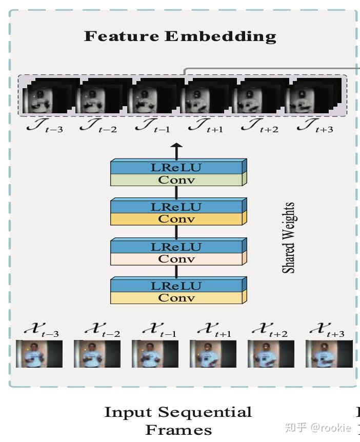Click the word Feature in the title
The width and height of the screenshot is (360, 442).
pyautogui.click(x=121, y=36)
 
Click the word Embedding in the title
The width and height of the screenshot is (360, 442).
pyautogui.click(x=220, y=36)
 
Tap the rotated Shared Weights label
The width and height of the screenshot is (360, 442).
pyautogui.click(x=288, y=237)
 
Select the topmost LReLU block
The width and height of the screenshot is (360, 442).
pyautogui.click(x=178, y=167)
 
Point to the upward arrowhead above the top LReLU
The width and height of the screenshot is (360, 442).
pyautogui.click(x=177, y=147)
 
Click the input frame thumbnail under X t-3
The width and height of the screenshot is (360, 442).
pyautogui.click(x=39, y=354)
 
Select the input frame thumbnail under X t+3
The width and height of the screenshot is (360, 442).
pyautogui.click(x=329, y=354)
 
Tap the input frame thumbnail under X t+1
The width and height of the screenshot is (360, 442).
pyautogui.click(x=213, y=354)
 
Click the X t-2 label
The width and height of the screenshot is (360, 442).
pyautogui.click(x=103, y=330)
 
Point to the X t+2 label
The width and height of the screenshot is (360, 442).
pyautogui.click(x=270, y=330)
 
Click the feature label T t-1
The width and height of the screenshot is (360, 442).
pyautogui.click(x=152, y=126)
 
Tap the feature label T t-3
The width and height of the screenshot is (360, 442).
pyautogui.click(x=45, y=126)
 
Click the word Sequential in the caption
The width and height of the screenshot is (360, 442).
pyautogui.click(x=205, y=412)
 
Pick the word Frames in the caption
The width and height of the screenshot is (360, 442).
pyautogui.click(x=178, y=430)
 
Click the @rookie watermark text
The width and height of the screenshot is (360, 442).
pyautogui.click(x=331, y=428)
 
